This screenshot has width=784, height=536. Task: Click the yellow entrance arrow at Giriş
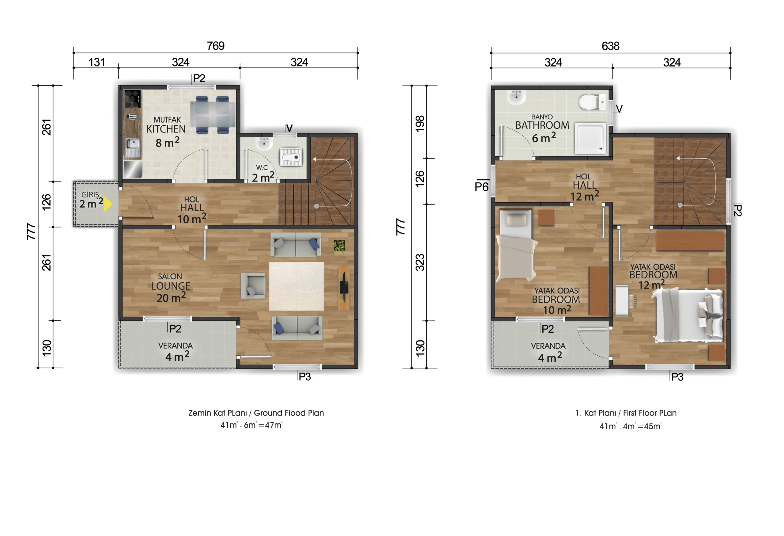coord(107,204)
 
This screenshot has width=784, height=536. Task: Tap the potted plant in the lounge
coord(339,246)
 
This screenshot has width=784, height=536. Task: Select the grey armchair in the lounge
coord(253,286)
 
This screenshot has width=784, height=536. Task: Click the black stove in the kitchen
coord(132,99)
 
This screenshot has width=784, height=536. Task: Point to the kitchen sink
coord(133,147)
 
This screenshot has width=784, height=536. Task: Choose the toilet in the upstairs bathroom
coord(592,102)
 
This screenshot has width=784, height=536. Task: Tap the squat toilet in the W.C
coord(291,157)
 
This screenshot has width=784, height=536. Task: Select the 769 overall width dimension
coord(216,46)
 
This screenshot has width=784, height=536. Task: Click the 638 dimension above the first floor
coord(611,46)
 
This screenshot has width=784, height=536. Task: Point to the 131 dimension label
coord(96,62)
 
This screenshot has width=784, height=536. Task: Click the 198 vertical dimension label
coord(420,124)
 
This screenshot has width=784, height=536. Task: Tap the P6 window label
coord(482,187)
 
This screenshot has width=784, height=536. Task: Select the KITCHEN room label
coord(166,129)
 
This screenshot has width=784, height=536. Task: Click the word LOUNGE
coord(171,286)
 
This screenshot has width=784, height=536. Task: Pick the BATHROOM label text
coord(542,125)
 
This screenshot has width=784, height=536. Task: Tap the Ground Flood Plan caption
coord(289,413)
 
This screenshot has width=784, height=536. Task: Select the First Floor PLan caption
coord(650,413)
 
